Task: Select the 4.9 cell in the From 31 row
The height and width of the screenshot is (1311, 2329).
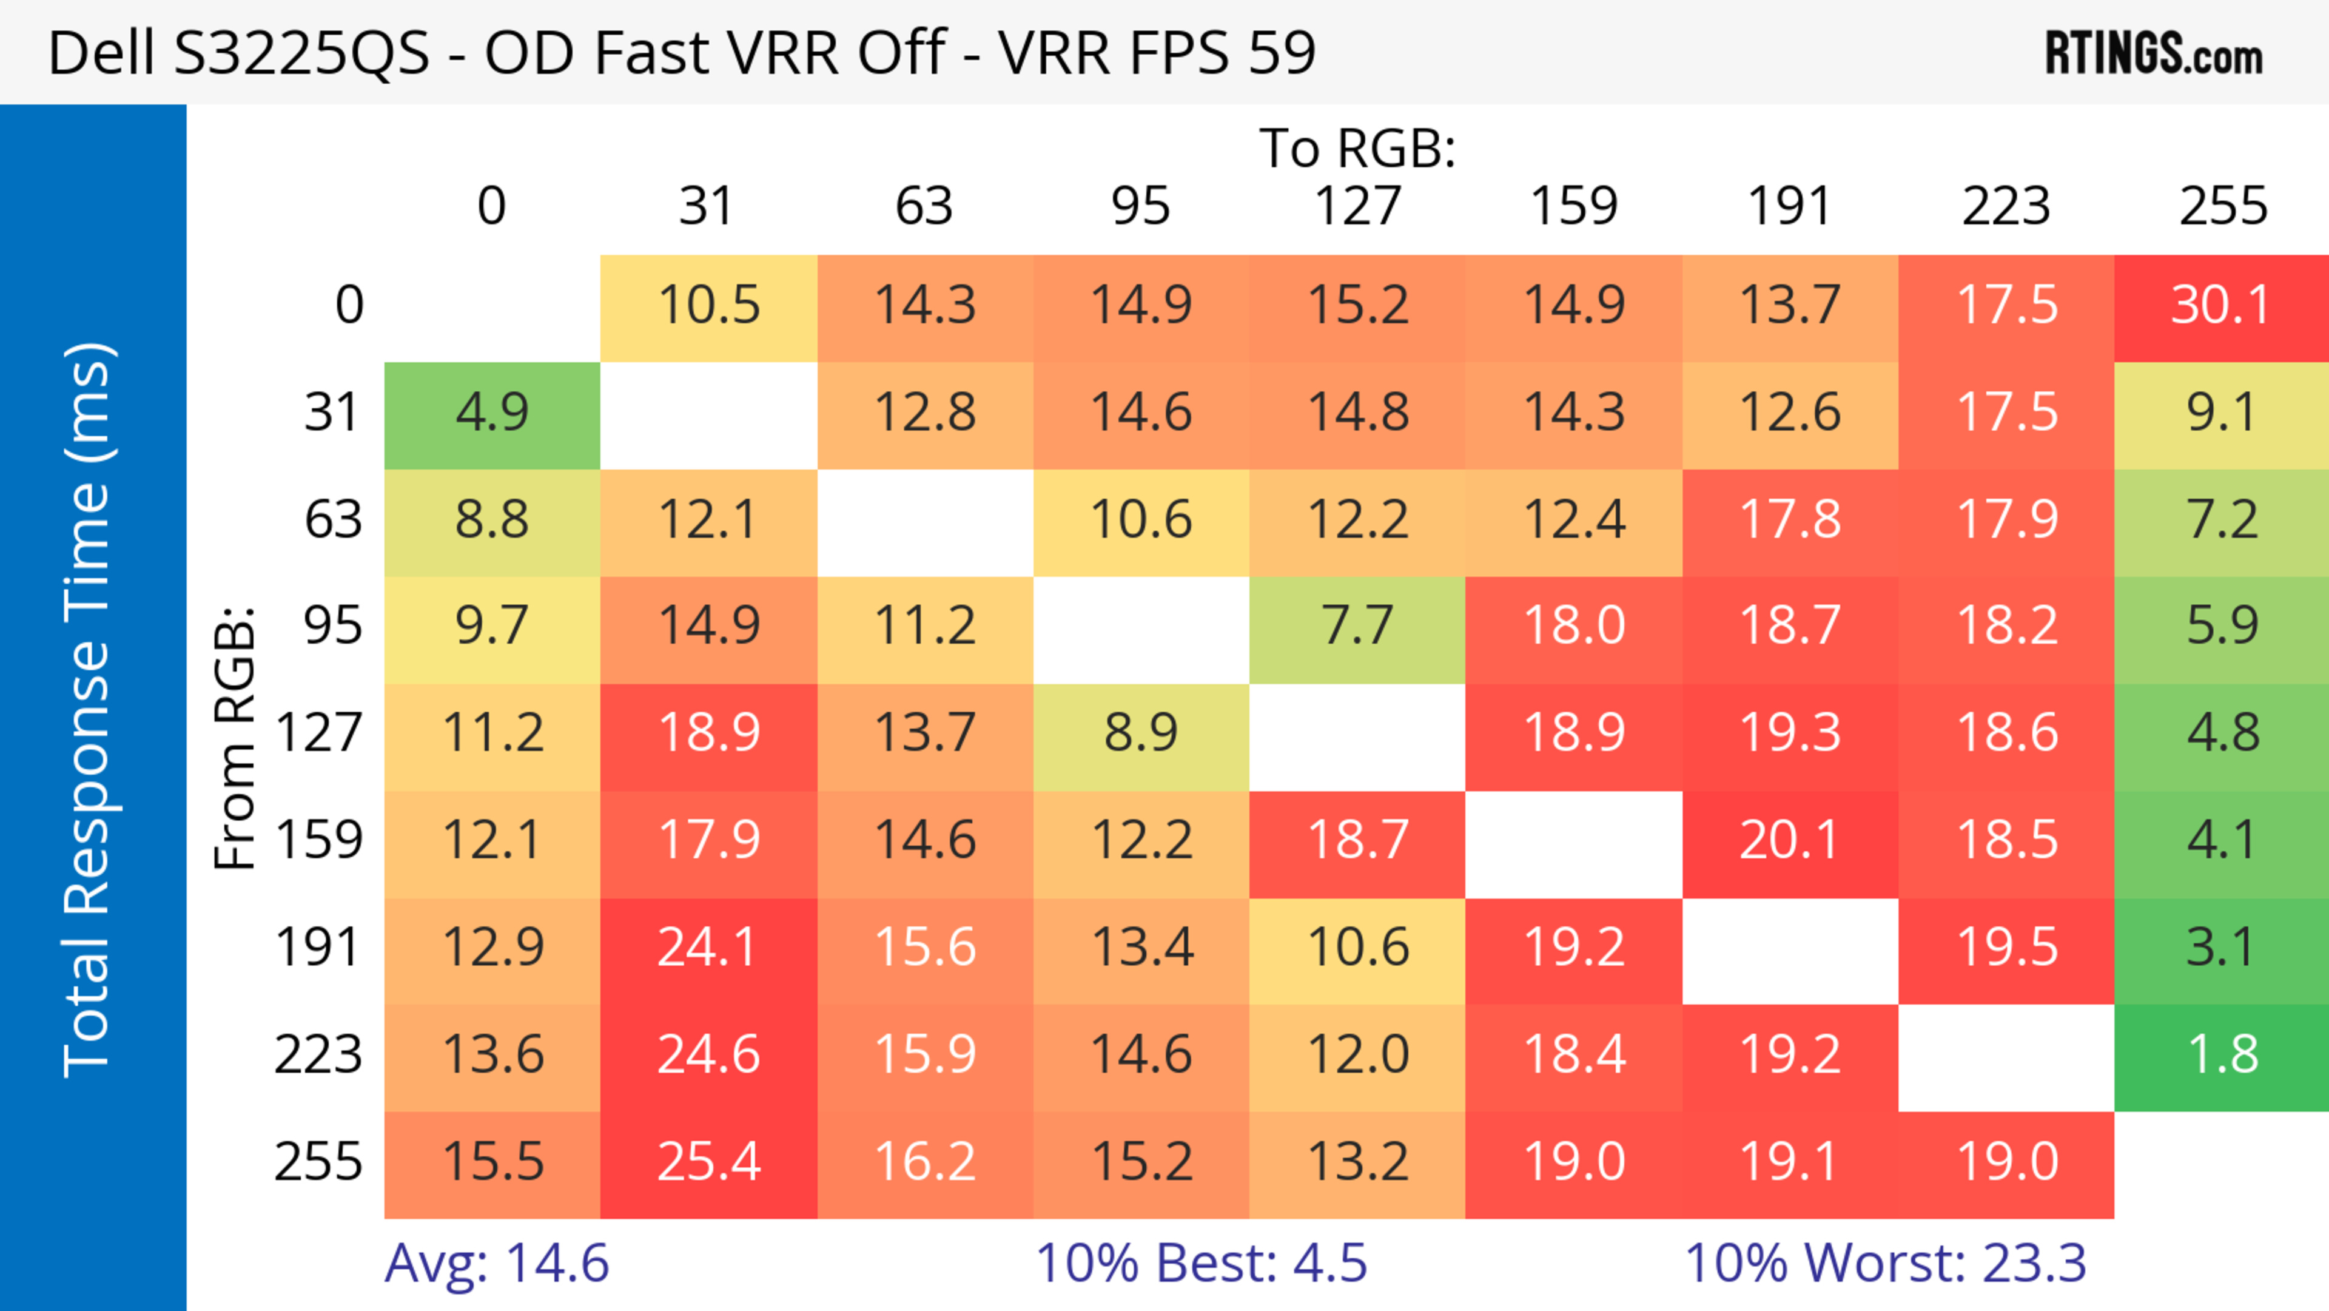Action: (492, 413)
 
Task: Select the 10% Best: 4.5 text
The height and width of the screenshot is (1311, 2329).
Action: (1201, 1263)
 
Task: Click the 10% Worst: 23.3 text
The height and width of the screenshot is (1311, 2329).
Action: (1885, 1263)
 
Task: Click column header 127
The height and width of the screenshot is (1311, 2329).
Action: (1357, 206)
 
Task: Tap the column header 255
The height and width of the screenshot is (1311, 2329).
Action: (2222, 206)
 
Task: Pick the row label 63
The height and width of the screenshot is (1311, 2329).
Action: (333, 520)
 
